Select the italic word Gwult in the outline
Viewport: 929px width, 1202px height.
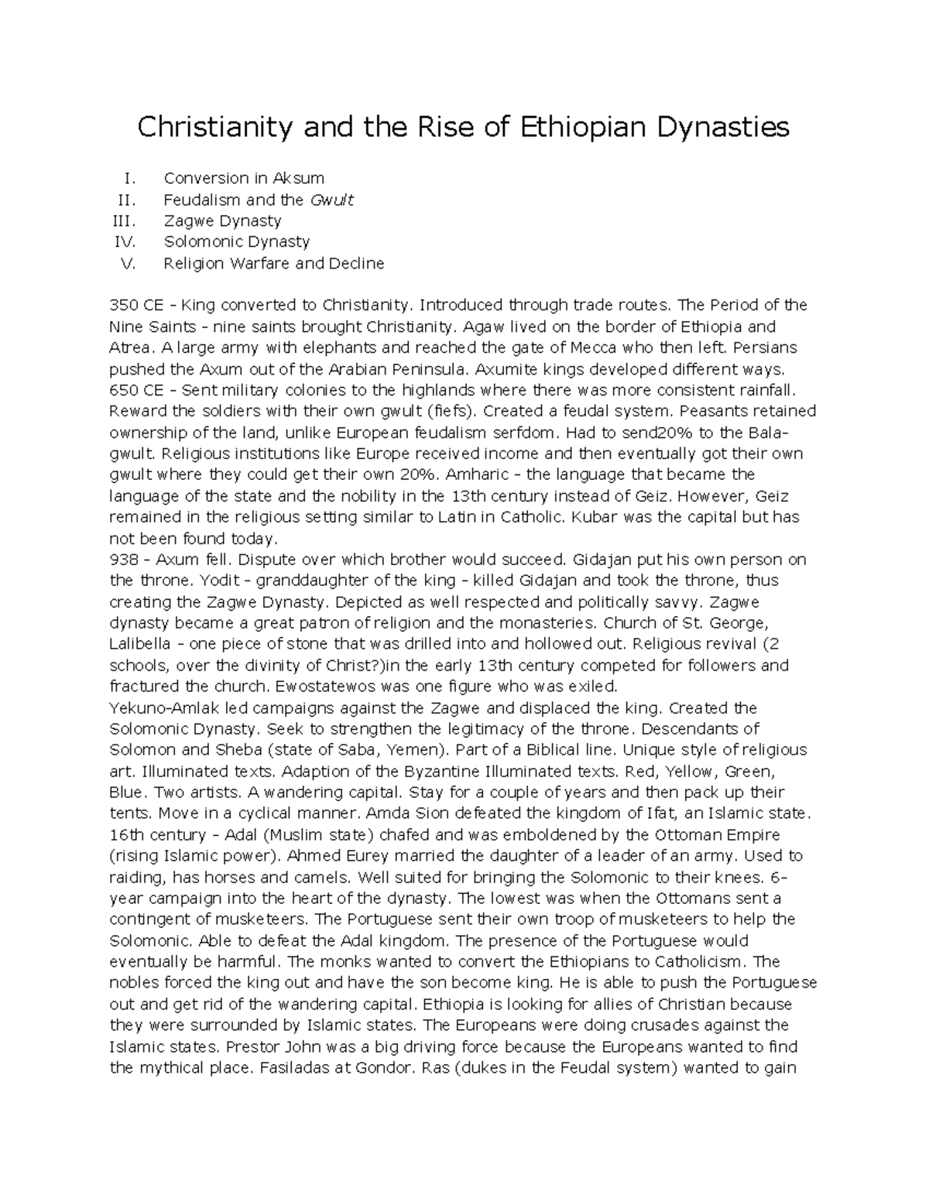pos(331,200)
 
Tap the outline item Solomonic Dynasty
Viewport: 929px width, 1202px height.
pos(236,241)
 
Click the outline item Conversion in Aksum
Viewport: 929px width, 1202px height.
pos(243,179)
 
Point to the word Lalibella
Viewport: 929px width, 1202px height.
pos(136,643)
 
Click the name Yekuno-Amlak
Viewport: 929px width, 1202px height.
pos(159,707)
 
